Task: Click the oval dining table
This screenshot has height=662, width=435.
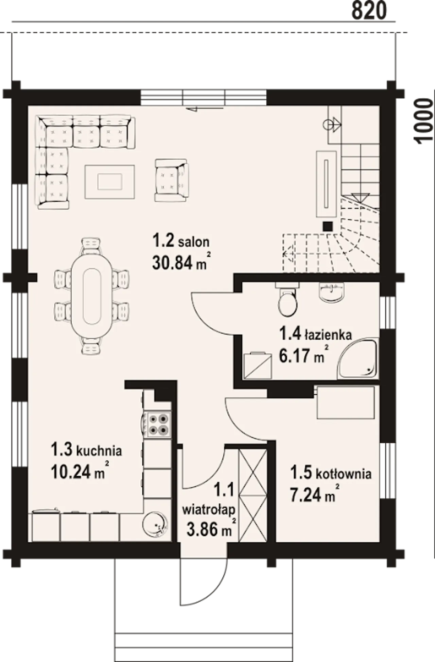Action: coord(92,296)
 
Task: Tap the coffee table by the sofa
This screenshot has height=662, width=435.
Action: coord(109,182)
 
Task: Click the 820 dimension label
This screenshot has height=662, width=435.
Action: coord(369,11)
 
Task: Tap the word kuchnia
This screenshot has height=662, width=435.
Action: coord(99,451)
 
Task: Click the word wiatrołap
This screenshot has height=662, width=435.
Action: coord(209,510)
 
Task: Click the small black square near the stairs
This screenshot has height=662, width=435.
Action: coord(328,226)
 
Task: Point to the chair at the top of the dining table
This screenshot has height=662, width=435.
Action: coord(91,246)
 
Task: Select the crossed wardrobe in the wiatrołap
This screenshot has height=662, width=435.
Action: coord(253,496)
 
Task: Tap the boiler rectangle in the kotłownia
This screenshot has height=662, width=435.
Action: coord(346,403)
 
